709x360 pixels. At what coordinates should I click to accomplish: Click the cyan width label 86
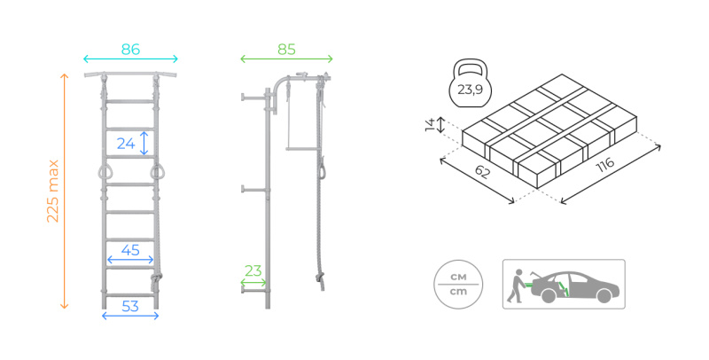[x=130, y=50]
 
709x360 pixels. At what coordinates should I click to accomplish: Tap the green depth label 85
[x=286, y=50]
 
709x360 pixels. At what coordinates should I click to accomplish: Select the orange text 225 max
[x=53, y=191]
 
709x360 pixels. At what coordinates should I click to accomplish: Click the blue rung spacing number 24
[x=126, y=144]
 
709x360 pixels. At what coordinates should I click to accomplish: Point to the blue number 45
[x=130, y=250]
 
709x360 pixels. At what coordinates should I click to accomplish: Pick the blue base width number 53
[x=130, y=307]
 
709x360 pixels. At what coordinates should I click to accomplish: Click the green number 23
[x=253, y=271]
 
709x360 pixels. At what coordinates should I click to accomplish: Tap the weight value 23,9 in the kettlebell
[x=470, y=90]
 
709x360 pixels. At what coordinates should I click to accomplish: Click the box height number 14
[x=430, y=124]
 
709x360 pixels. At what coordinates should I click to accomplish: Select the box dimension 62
[x=482, y=171]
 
